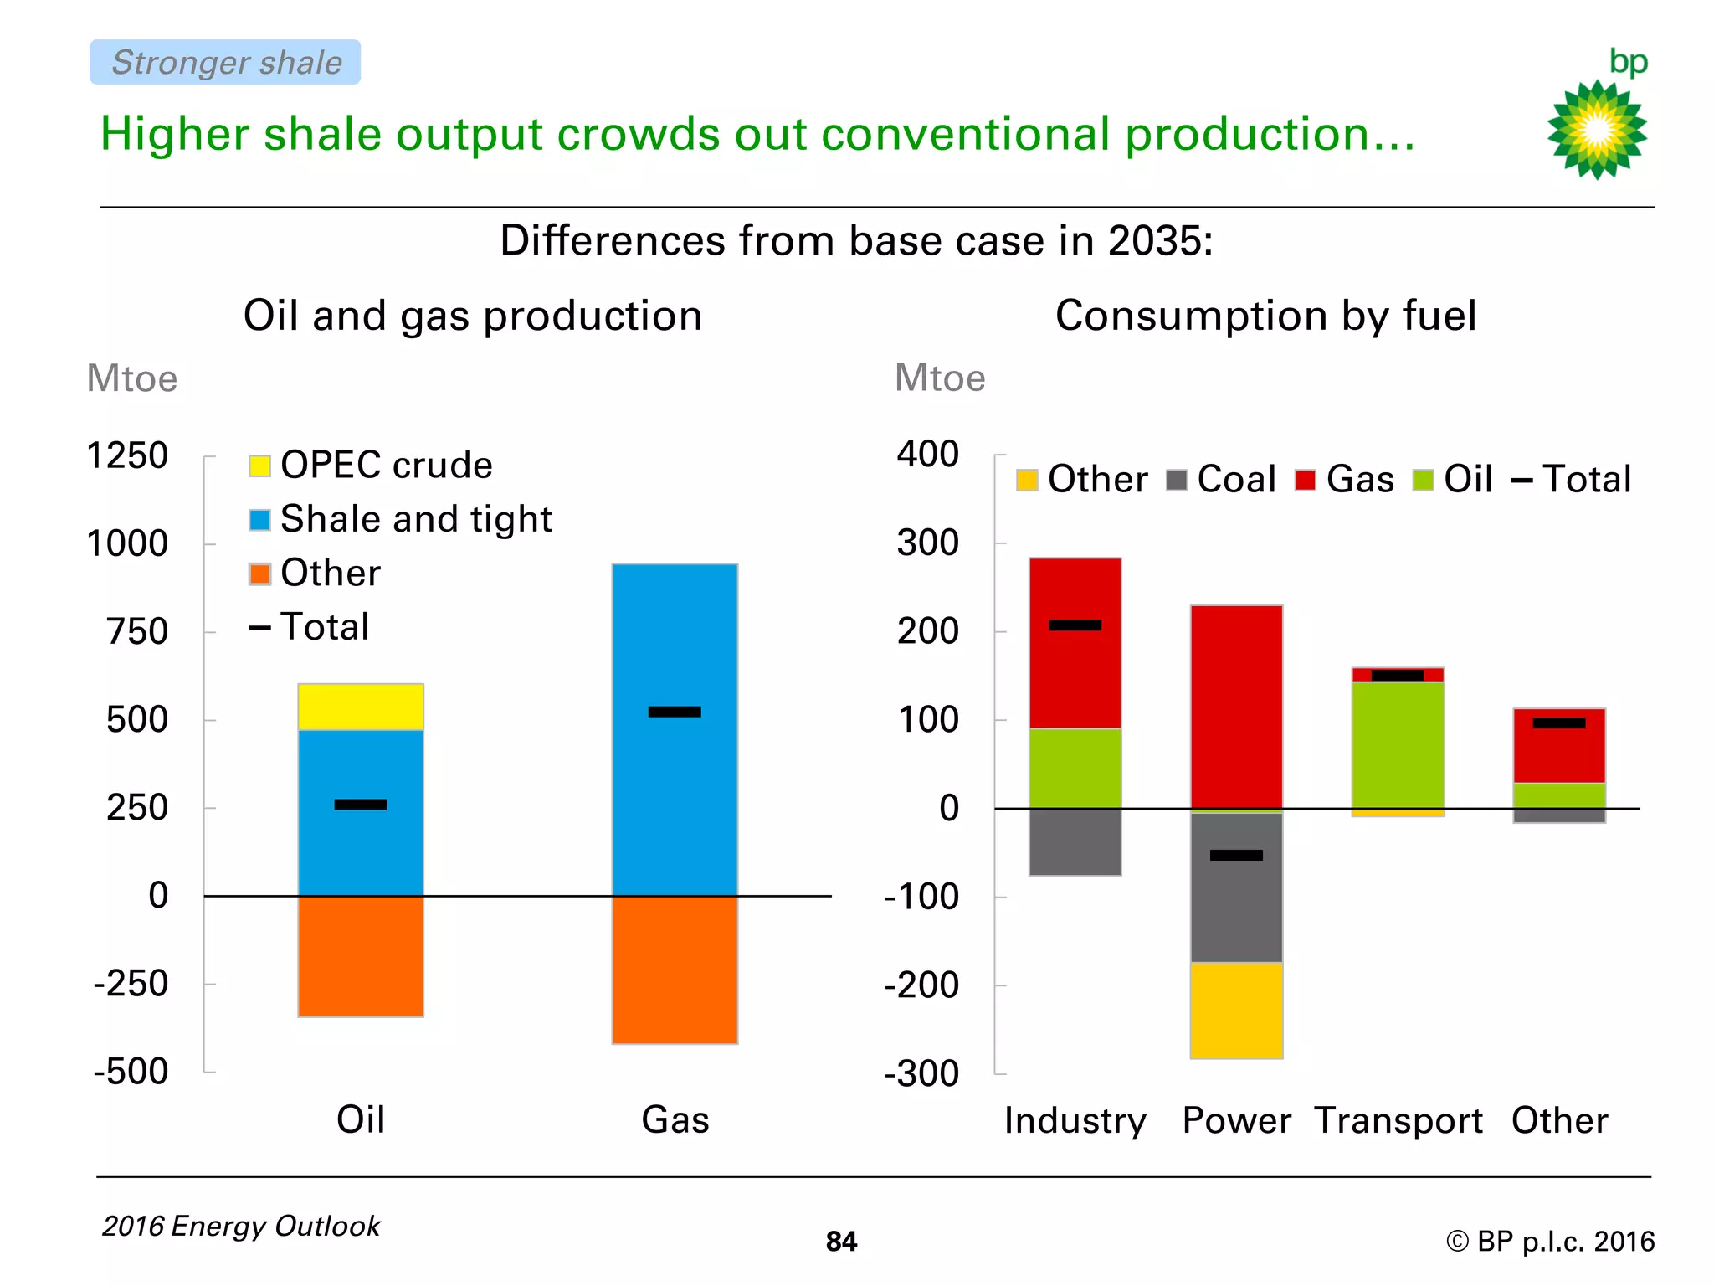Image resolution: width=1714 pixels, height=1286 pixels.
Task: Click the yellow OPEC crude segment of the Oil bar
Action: pyautogui.click(x=361, y=707)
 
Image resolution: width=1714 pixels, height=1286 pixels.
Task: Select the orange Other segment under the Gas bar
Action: pyautogui.click(x=675, y=970)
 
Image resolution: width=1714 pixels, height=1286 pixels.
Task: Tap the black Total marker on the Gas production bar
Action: pyautogui.click(x=675, y=712)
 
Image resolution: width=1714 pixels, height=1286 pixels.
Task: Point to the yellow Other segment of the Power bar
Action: pyautogui.click(x=1236, y=1011)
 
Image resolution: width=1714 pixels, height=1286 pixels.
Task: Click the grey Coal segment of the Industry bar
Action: pyautogui.click(x=1075, y=842)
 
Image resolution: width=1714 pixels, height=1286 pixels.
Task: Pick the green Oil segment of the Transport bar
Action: pyautogui.click(x=1398, y=745)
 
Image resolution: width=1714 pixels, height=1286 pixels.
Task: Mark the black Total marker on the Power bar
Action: pyautogui.click(x=1236, y=855)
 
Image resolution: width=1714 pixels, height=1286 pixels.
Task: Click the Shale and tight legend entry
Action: pyautogui.click(x=401, y=519)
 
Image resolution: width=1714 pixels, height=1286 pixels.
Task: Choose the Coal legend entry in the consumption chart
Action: pyautogui.click(x=1221, y=480)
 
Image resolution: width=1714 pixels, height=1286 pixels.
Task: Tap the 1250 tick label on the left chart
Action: pyautogui.click(x=127, y=456)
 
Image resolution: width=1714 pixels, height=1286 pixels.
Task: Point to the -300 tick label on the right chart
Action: pyautogui.click(x=921, y=1073)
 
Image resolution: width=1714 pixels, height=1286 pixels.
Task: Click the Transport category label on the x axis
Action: pyautogui.click(x=1398, y=1120)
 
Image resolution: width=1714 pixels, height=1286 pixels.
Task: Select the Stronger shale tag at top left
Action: pyautogui.click(x=225, y=63)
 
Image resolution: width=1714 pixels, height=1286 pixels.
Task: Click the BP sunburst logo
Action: pyautogui.click(x=1597, y=129)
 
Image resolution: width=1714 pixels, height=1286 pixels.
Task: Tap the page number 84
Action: pyautogui.click(x=841, y=1242)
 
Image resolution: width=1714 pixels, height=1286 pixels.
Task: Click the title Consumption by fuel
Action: pyautogui.click(x=1265, y=316)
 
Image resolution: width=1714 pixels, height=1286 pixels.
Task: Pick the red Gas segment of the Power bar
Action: pyautogui.click(x=1236, y=707)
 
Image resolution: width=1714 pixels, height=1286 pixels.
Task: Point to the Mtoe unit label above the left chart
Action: pyautogui.click(x=132, y=378)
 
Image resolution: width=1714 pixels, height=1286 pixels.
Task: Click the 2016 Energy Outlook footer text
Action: pyautogui.click(x=241, y=1226)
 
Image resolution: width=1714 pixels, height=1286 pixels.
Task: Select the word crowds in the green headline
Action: pyautogui.click(x=638, y=134)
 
